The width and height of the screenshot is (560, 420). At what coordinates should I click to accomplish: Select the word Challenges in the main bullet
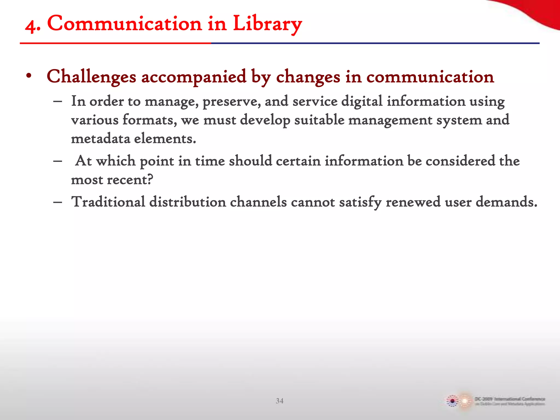tap(91, 77)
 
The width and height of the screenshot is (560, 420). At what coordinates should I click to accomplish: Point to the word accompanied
tap(194, 77)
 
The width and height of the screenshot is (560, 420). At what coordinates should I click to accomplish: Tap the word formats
tap(150, 120)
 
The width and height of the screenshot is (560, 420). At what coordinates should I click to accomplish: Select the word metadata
tap(100, 139)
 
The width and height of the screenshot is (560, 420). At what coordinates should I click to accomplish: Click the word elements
tap(165, 139)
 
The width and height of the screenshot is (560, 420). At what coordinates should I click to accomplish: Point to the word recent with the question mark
tap(130, 180)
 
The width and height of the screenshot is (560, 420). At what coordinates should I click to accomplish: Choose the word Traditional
tap(108, 202)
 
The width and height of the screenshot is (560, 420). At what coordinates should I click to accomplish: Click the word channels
tap(258, 202)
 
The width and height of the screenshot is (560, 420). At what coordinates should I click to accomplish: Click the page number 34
tap(279, 401)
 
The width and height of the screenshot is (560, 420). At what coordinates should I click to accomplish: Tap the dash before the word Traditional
tap(58, 202)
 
